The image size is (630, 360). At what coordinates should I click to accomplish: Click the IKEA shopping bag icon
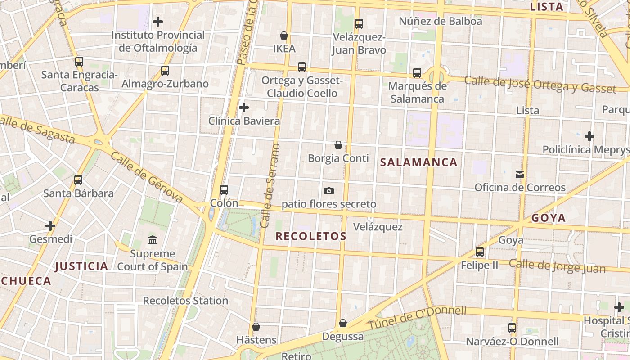pyautogui.click(x=284, y=36)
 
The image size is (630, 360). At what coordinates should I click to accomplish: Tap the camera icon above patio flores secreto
pyautogui.click(x=329, y=191)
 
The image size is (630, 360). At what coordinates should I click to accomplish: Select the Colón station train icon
pyautogui.click(x=224, y=190)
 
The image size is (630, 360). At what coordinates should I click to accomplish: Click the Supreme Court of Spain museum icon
pyautogui.click(x=153, y=240)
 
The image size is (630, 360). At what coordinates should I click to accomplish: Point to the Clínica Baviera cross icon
pyautogui.click(x=244, y=108)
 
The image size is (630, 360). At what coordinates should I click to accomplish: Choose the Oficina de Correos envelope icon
pyautogui.click(x=520, y=174)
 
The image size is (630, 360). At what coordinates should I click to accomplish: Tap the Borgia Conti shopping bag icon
pyautogui.click(x=338, y=145)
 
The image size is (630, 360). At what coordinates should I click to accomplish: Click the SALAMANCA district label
pyautogui.click(x=419, y=162)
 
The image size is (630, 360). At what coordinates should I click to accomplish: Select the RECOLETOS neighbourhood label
pyautogui.click(x=311, y=236)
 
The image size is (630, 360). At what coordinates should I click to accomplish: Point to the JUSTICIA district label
pyautogui.click(x=81, y=266)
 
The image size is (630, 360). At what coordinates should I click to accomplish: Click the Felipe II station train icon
pyautogui.click(x=480, y=252)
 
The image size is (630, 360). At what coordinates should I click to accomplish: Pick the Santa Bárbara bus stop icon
pyautogui.click(x=78, y=180)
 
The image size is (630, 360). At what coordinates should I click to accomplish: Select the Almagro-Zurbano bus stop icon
pyautogui.click(x=165, y=71)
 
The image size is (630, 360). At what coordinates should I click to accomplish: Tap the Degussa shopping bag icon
pyautogui.click(x=343, y=323)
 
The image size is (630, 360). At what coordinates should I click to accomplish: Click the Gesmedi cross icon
pyautogui.click(x=50, y=225)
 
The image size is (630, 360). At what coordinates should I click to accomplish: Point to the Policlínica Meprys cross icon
pyautogui.click(x=589, y=136)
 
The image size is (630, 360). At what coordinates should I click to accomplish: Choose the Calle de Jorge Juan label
pyautogui.click(x=557, y=266)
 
